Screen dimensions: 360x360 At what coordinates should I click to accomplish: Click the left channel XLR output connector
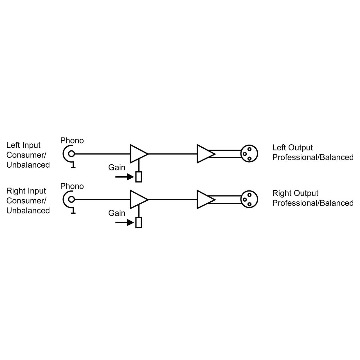[x=249, y=154]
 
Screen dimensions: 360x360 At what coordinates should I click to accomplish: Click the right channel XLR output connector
[x=249, y=199]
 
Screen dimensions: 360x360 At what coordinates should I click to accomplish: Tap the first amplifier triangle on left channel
[x=139, y=154]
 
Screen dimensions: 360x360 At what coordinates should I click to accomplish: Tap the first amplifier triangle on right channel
[x=139, y=199]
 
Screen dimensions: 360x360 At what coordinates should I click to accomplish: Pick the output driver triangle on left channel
[x=206, y=154]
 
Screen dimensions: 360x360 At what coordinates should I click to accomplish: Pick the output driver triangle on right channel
[x=206, y=199]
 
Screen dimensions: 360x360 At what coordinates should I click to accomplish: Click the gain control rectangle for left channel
[x=138, y=177]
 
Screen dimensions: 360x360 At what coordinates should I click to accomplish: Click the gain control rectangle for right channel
[x=138, y=222]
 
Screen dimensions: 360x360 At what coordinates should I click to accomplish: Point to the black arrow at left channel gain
[x=125, y=177]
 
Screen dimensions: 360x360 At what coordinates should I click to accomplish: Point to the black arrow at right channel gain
[x=125, y=222]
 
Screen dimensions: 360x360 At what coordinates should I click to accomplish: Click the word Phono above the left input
[x=72, y=141]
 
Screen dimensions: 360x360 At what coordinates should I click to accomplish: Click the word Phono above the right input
[x=72, y=186]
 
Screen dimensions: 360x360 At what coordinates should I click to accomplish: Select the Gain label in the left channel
[x=117, y=167]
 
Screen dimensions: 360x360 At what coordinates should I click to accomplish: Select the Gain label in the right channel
[x=117, y=213]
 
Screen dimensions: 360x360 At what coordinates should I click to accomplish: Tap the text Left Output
[x=292, y=148]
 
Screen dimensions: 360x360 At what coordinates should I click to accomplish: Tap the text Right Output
[x=295, y=193]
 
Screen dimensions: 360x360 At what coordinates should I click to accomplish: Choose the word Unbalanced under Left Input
[x=28, y=165]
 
